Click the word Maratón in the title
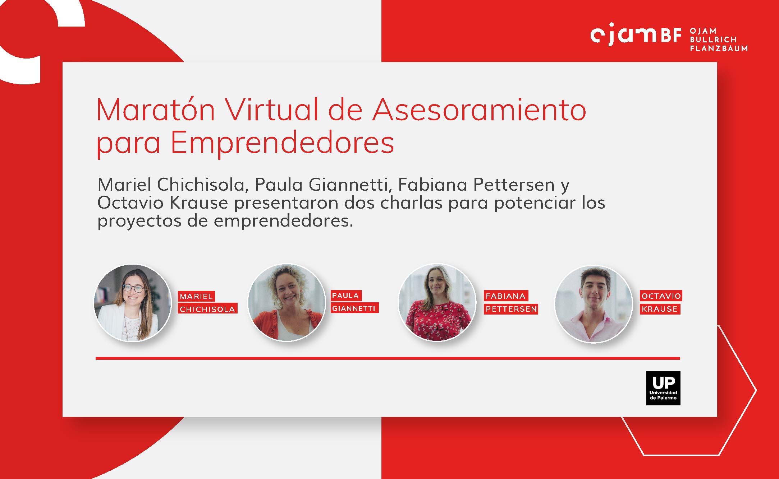156,110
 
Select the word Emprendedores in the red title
282,143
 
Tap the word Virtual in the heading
272,110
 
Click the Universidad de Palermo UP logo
663,388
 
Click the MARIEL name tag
196,296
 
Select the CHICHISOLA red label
207,309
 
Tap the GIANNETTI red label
354,308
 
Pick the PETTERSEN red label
511,309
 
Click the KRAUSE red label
660,309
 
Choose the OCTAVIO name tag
661,296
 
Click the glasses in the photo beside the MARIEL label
133,288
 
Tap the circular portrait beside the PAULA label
287,303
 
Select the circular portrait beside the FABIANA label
437,303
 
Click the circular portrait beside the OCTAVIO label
594,304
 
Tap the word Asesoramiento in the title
479,110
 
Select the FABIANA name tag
506,296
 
